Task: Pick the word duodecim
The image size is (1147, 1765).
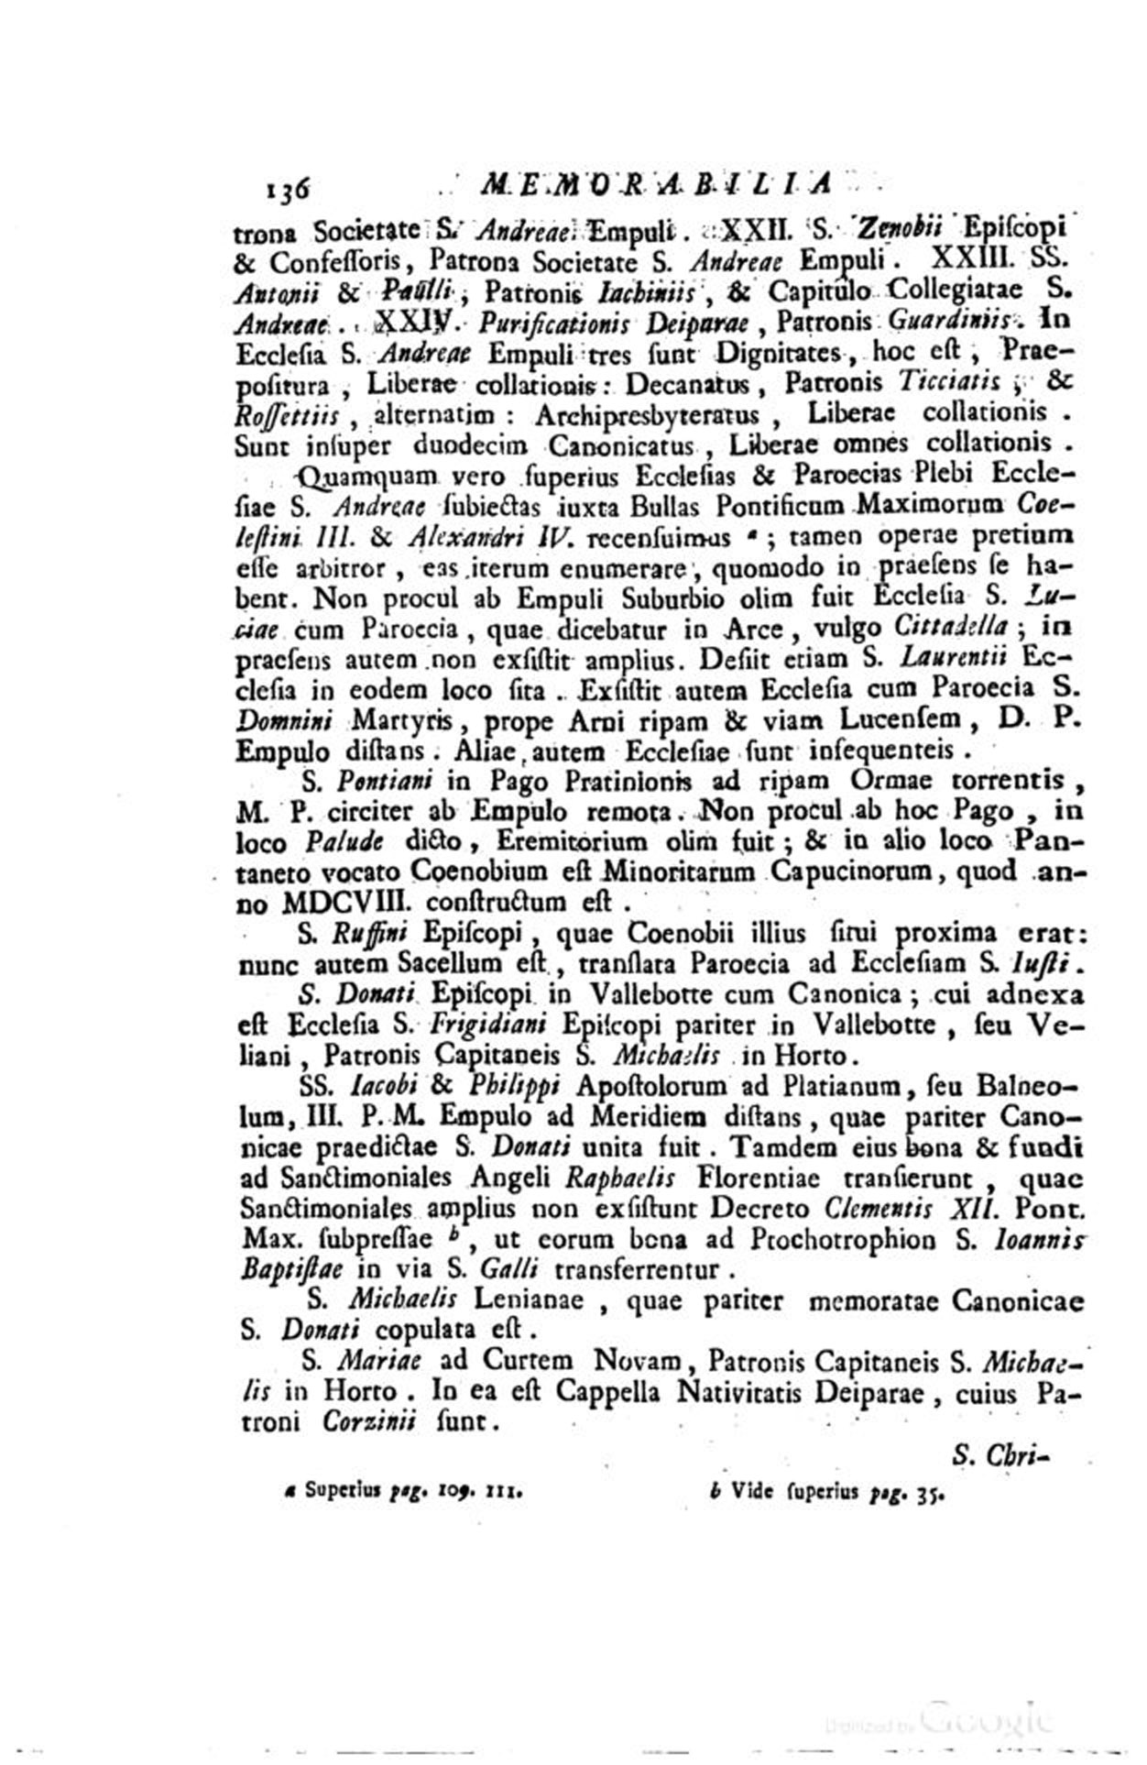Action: click(x=469, y=444)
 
